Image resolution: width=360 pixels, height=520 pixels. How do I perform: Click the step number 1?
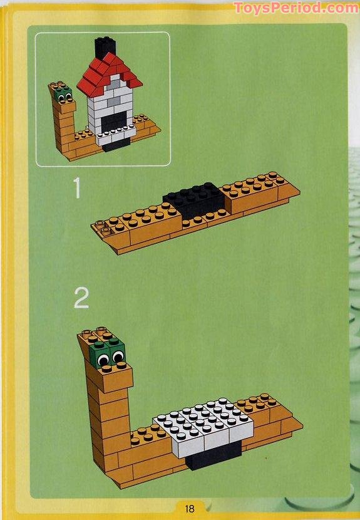77,188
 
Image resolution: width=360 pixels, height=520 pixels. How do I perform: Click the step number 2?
81,298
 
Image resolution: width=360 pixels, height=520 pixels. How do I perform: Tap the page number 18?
190,508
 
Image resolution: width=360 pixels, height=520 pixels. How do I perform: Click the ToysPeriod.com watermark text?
296,8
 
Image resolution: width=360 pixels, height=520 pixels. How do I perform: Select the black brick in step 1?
195,199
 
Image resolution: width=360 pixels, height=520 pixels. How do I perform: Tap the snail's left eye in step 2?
103,360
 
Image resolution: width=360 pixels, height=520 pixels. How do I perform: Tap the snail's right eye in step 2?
118,356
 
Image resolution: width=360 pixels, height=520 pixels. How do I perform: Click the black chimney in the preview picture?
105,48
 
